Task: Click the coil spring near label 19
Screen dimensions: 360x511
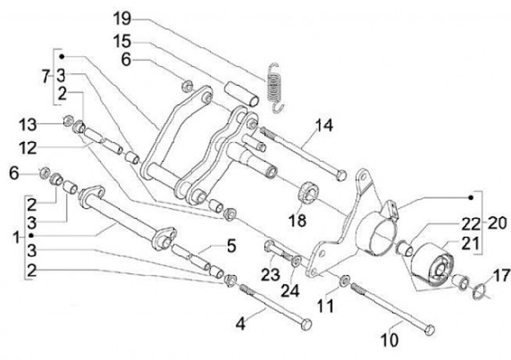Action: (x=275, y=84)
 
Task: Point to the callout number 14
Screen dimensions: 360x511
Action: (x=323, y=126)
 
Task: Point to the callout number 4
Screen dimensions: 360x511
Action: (x=241, y=324)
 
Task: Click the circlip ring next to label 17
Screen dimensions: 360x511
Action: (x=480, y=289)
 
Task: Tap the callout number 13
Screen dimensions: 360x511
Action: (x=28, y=126)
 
